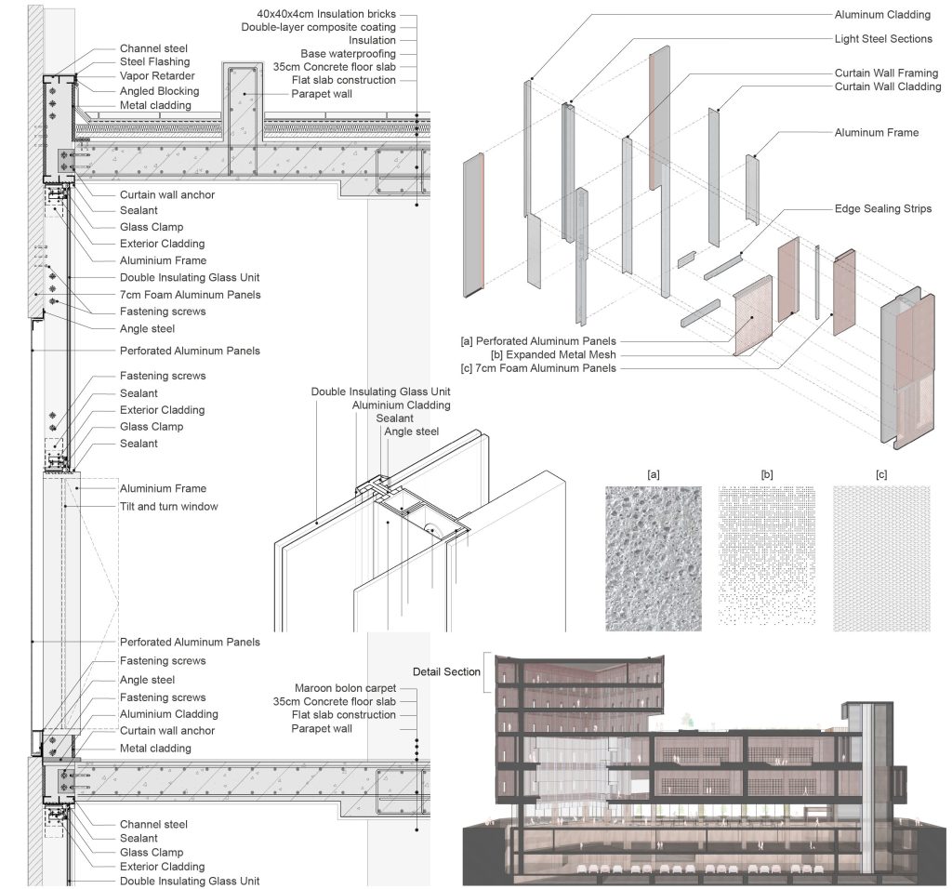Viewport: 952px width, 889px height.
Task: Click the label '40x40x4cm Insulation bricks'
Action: (326, 13)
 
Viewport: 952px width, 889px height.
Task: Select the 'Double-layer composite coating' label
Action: (318, 27)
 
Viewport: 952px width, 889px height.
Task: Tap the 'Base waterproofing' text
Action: (348, 53)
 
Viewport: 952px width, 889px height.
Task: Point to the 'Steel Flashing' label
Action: (155, 61)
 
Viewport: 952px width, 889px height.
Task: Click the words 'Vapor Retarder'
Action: (157, 76)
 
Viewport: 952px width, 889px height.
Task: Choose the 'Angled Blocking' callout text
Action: (159, 91)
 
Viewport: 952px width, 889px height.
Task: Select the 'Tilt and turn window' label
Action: (169, 507)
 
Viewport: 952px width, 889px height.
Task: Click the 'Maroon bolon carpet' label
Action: (345, 688)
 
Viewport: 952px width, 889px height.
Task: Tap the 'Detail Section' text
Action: (446, 671)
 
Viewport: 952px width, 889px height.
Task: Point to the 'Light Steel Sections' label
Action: (883, 39)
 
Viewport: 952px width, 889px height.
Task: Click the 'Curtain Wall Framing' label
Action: (886, 73)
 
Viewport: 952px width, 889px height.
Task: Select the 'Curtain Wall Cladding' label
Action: (888, 86)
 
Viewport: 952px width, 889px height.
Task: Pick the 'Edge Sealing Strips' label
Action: (883, 209)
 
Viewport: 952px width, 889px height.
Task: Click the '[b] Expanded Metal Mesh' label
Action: (553, 354)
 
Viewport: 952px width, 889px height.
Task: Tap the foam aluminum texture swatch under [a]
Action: (654, 559)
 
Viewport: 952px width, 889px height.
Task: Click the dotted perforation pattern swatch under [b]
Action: (767, 556)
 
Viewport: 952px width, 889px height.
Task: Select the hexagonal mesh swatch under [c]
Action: (881, 559)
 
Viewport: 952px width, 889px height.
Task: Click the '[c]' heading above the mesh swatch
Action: (881, 475)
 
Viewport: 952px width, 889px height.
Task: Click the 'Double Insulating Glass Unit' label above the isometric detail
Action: (380, 391)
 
